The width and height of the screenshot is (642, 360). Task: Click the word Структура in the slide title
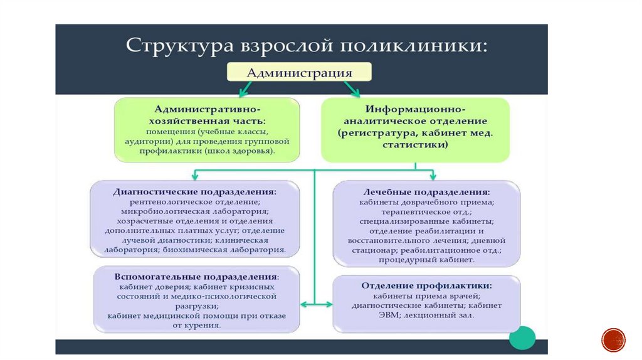179,45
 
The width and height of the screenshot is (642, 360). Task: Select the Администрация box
299,72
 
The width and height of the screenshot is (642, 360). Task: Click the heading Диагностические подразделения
195,192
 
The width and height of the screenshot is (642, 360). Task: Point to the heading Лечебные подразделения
426,192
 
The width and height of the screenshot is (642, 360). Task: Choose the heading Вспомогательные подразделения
196,277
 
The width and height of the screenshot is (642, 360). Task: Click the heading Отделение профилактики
426,285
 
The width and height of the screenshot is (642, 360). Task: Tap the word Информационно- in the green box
415,109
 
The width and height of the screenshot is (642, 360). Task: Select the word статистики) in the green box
415,145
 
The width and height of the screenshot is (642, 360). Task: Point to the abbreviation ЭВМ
389,315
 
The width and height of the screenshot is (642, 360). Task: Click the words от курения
196,326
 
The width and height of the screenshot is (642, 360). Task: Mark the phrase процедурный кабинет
426,260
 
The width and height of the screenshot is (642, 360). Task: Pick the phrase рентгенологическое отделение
195,202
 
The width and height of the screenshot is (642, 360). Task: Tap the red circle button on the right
613,340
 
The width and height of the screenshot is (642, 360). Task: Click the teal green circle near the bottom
522,338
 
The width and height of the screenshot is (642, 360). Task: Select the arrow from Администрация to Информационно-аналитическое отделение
352,89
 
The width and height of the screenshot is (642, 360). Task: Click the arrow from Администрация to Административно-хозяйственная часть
245,89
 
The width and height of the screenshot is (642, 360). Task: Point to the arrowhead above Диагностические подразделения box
195,176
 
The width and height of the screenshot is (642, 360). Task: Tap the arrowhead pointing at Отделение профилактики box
329,304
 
